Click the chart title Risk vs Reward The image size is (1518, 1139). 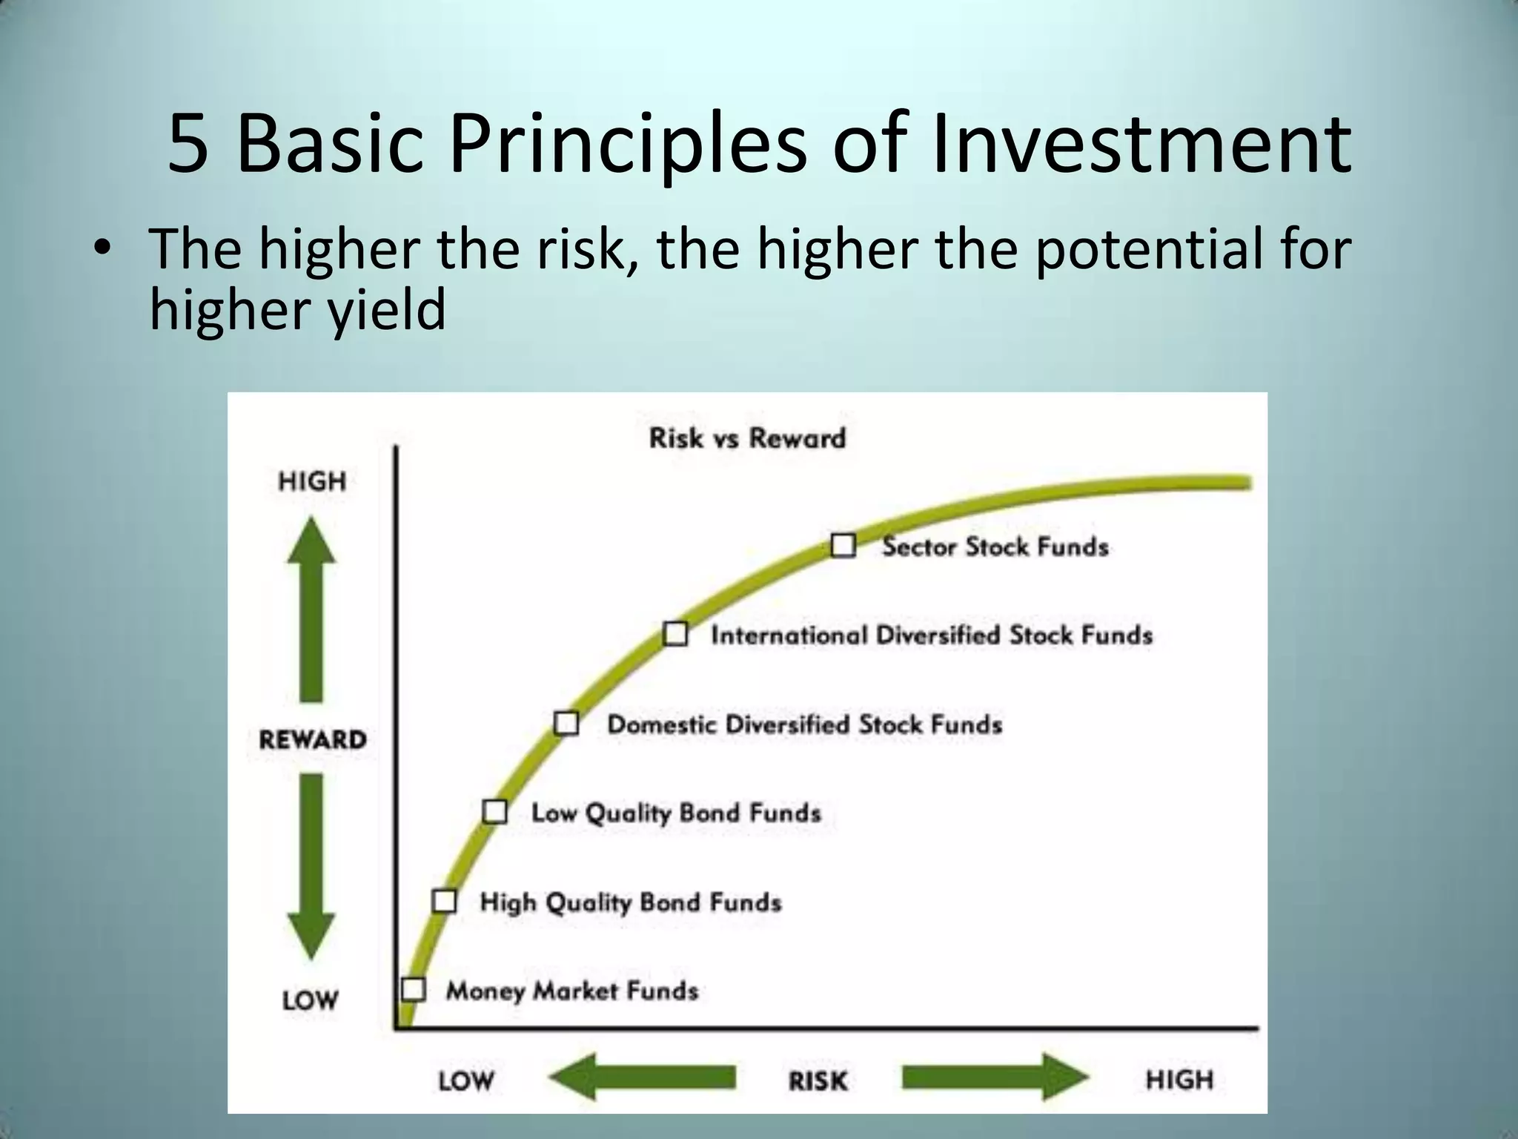pyautogui.click(x=747, y=438)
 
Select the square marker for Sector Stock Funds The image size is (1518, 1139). pyautogui.click(x=843, y=546)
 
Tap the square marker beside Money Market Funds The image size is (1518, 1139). pyautogui.click(x=413, y=989)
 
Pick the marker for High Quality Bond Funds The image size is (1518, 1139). pyautogui.click(x=444, y=901)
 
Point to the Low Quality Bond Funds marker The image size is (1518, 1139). pyautogui.click(x=494, y=811)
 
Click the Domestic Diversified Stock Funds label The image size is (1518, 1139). pyautogui.click(x=804, y=724)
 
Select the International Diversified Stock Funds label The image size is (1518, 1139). pyautogui.click(x=932, y=635)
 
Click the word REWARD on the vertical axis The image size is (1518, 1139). pyautogui.click(x=313, y=739)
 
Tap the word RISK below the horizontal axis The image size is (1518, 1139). pyautogui.click(x=818, y=1080)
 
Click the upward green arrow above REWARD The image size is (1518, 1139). pyautogui.click(x=311, y=608)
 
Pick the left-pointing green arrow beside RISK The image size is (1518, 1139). pyautogui.click(x=642, y=1077)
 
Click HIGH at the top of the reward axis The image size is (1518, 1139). pyautogui.click(x=312, y=482)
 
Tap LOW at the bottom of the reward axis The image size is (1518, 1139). pyautogui.click(x=310, y=1000)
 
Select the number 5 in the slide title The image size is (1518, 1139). pyautogui.click(x=188, y=145)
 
